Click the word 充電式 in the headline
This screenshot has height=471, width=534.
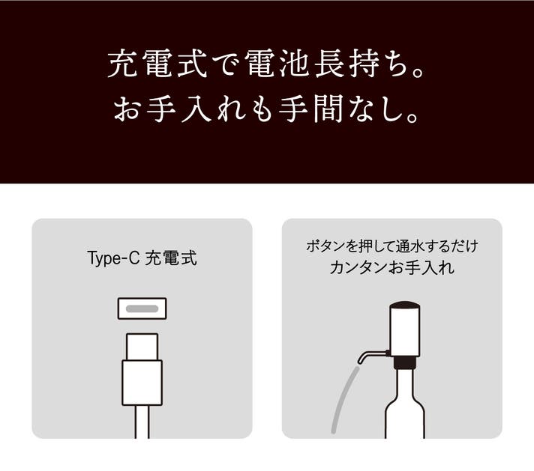coord(157,64)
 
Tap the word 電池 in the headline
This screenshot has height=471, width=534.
coord(278,64)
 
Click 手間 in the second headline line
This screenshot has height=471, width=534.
coord(310,109)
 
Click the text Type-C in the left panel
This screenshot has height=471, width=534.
coord(113,258)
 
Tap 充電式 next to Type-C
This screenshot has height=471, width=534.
coord(171,258)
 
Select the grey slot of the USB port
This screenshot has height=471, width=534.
coord(142,309)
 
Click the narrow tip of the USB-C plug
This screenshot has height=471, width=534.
coord(142,347)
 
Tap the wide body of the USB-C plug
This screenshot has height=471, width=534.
coord(142,383)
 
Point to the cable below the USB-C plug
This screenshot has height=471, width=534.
coord(142,422)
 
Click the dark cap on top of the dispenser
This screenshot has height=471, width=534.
coord(404,305)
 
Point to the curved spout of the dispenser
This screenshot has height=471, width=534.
coord(370,354)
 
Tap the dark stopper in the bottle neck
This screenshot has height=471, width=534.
coord(404,362)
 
